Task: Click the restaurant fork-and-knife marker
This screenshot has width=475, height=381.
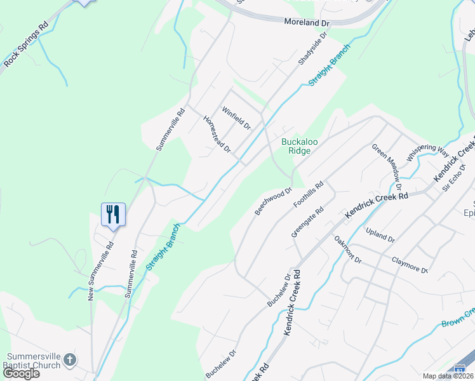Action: point(114,213)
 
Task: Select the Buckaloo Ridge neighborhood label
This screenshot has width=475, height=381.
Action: point(296,145)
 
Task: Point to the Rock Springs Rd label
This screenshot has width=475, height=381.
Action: point(26,46)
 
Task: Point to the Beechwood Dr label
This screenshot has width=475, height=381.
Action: point(273,200)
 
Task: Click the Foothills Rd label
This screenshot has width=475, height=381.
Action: point(309,195)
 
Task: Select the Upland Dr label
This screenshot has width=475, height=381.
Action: point(380,236)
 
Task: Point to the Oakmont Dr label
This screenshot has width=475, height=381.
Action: point(347,250)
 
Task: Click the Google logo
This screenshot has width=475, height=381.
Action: point(22,373)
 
